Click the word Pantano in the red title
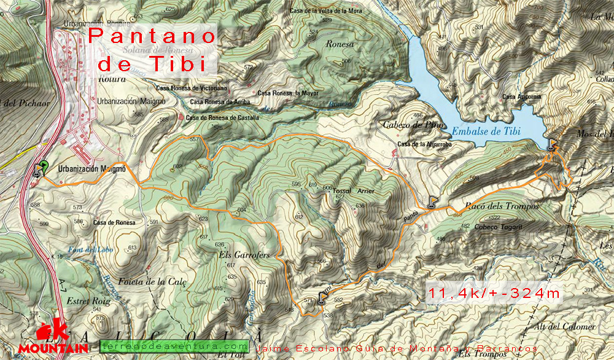coord(152,36)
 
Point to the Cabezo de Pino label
coord(405,125)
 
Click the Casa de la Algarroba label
coord(424,144)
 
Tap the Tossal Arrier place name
coord(353,192)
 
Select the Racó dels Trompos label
coord(502,207)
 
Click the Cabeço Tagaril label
coord(497,227)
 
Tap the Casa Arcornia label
coord(521,96)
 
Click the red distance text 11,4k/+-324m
coord(493,294)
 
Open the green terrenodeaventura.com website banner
coord(174,346)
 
